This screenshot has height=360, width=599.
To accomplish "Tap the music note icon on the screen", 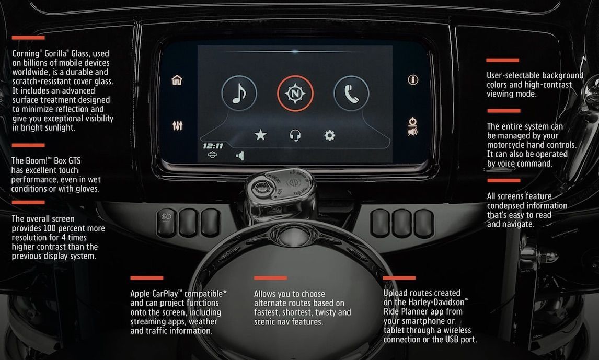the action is [x=239, y=93].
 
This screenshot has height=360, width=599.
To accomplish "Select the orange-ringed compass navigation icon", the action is [x=295, y=93].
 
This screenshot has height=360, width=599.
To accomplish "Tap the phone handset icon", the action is [x=351, y=93].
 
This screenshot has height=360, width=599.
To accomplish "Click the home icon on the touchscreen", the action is [x=177, y=80].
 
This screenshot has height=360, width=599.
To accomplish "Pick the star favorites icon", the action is [x=260, y=135].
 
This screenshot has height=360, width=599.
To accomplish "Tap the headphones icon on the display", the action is [x=295, y=135].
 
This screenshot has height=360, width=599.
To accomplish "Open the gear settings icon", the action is [x=330, y=135].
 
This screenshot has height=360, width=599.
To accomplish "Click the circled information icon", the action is [x=413, y=80].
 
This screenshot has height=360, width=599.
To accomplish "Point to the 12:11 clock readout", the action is [x=213, y=146].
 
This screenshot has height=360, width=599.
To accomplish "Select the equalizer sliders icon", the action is [x=177, y=125].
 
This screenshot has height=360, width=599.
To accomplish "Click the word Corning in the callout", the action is [x=26, y=54].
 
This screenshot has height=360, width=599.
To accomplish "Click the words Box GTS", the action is [x=67, y=161].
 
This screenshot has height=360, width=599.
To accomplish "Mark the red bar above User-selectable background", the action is [x=503, y=60].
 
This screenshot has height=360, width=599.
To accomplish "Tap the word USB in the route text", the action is [x=452, y=340].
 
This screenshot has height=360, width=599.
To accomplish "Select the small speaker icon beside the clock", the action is [x=240, y=156].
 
